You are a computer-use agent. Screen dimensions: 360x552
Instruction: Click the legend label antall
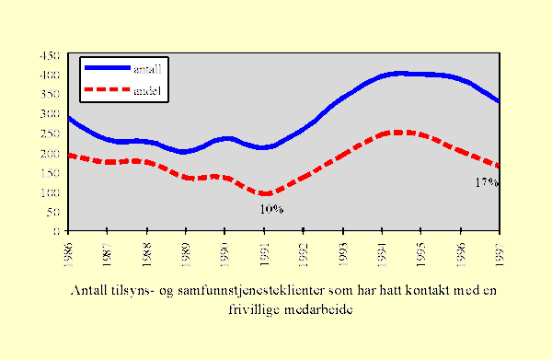click(x=150, y=68)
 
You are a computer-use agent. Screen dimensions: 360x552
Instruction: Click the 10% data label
click(x=270, y=209)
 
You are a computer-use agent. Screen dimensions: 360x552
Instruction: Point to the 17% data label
click(x=486, y=182)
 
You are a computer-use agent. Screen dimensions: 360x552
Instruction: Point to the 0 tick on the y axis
click(x=57, y=231)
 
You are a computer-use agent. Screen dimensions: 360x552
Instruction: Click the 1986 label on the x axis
click(x=68, y=252)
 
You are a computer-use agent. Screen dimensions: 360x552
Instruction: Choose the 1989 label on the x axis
click(x=186, y=252)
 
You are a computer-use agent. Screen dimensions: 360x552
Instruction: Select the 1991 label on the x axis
click(x=264, y=252)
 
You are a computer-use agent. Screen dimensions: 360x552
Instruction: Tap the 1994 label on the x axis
click(x=382, y=252)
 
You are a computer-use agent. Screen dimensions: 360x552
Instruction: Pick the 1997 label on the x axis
click(x=498, y=252)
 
